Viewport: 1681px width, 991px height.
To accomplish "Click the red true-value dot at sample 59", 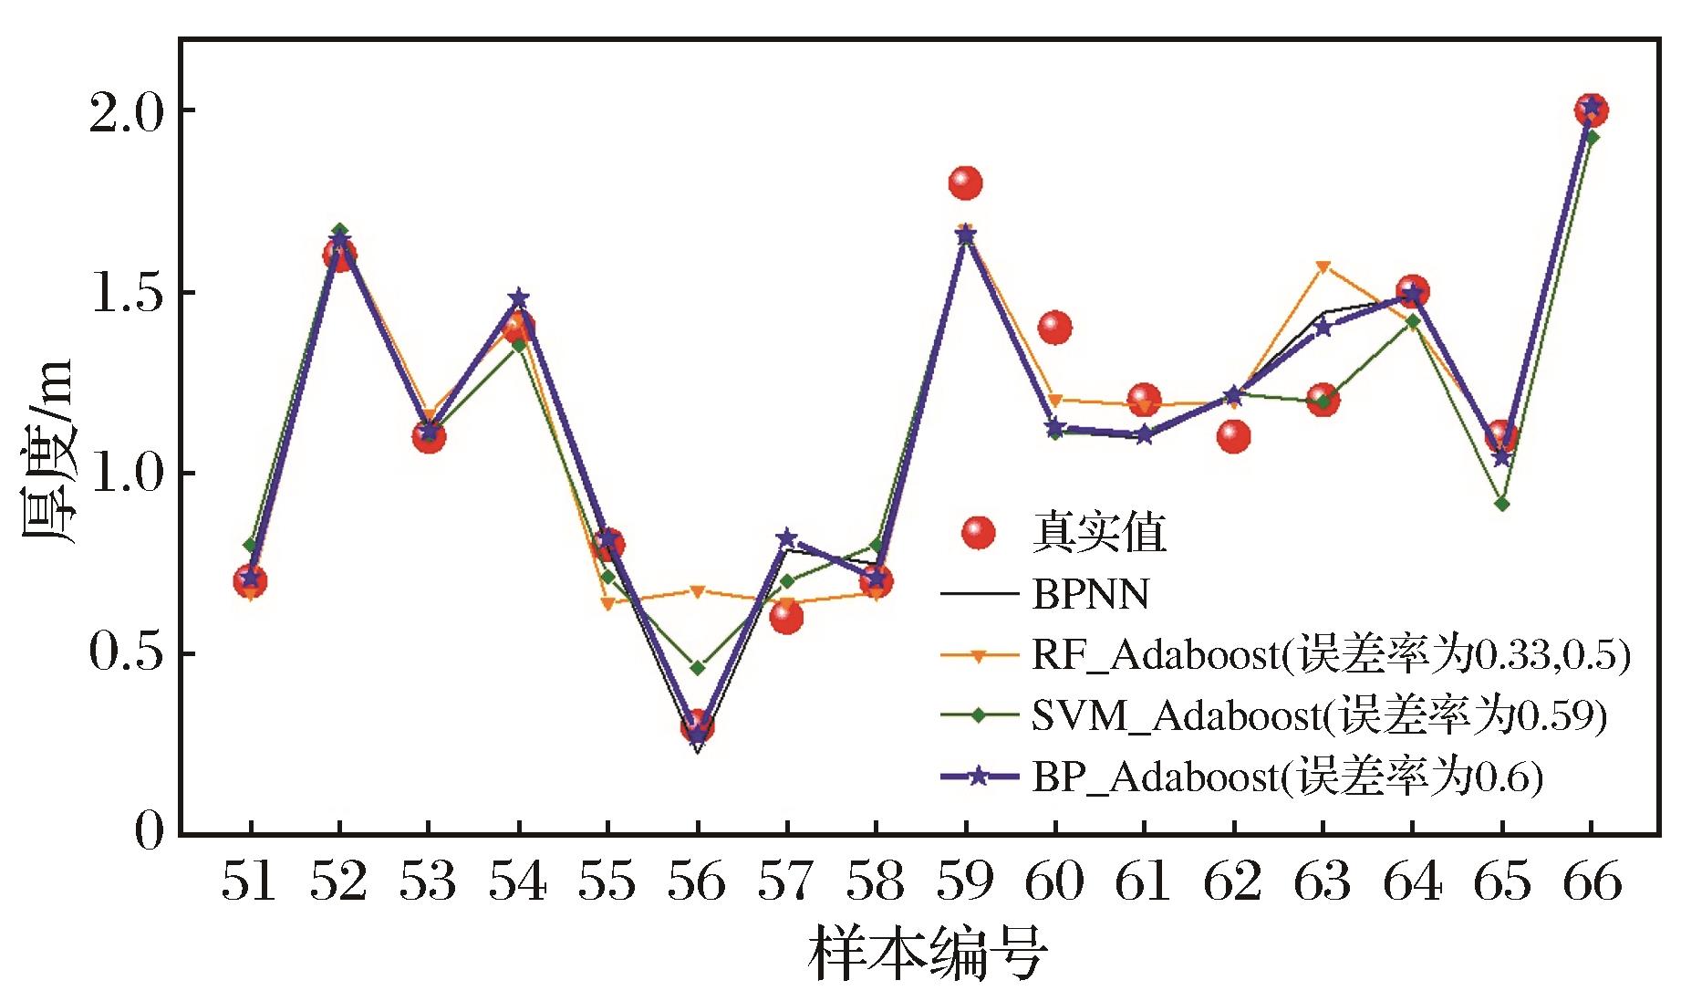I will (965, 183).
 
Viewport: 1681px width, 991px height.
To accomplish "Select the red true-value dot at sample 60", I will (1054, 327).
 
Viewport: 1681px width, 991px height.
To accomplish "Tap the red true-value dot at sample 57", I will (785, 618).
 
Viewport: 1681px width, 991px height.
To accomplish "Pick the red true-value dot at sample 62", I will (1233, 436).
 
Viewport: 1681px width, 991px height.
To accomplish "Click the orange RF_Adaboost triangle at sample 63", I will (1323, 266).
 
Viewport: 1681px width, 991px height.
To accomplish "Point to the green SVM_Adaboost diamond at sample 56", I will (697, 668).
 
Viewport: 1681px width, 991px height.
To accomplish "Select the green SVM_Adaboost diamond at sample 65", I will (1501, 504).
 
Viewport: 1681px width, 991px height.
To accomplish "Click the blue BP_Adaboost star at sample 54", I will (518, 298).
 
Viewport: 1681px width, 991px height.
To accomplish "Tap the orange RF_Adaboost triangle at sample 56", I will (697, 591).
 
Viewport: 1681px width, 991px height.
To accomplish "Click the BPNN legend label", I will (1091, 595).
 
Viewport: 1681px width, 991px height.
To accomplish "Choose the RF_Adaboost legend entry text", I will (1330, 655).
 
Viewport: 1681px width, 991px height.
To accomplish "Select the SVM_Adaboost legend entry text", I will (1318, 716).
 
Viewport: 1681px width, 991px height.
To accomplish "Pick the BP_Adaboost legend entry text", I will (1287, 777).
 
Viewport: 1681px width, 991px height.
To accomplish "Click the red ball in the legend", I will (979, 534).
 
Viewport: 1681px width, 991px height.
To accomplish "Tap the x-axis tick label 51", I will (250, 882).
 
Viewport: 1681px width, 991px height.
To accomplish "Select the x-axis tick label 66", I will (1592, 882).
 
